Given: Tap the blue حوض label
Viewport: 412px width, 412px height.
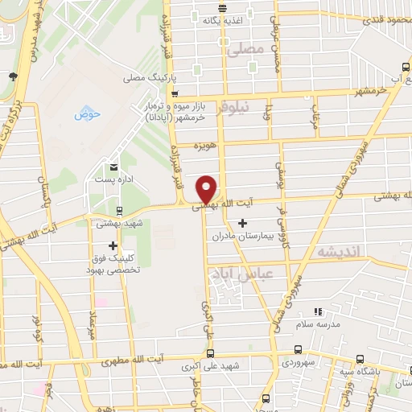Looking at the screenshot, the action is click(87, 114).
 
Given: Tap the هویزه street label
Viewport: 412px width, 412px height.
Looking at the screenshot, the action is click(204, 148).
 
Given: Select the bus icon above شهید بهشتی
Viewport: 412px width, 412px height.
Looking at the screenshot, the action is click(119, 212).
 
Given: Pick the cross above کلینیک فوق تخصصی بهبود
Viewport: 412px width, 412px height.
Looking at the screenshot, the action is click(113, 245).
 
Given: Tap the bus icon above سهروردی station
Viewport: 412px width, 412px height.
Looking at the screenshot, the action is click(299, 350).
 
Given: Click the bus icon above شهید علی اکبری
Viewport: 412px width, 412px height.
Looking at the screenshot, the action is click(211, 353).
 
